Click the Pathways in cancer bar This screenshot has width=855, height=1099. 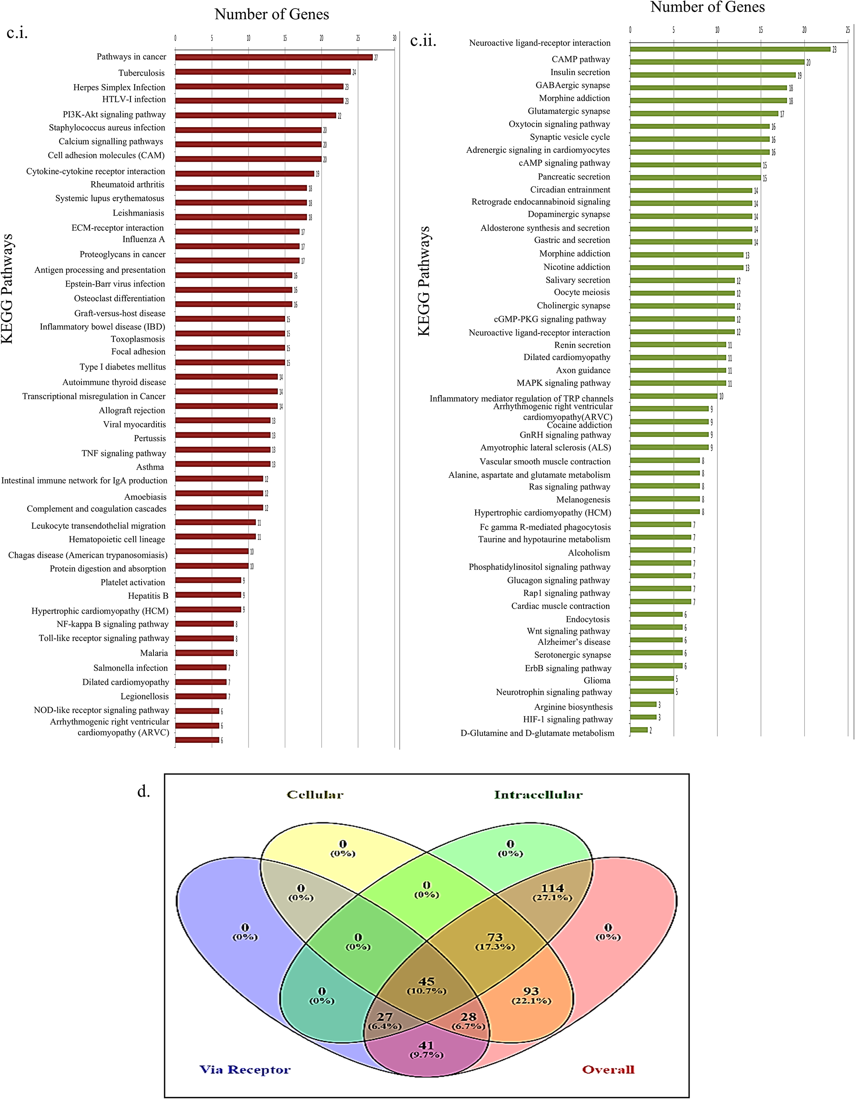[x=274, y=58]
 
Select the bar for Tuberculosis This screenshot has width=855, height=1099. [x=263, y=72]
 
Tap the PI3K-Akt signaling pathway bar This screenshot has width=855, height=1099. [x=255, y=115]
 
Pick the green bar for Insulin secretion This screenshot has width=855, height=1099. [x=713, y=75]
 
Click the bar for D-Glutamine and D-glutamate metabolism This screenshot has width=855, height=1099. [x=639, y=730]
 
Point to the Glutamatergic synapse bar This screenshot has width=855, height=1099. [x=704, y=114]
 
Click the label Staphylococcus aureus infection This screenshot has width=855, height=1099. [x=107, y=128]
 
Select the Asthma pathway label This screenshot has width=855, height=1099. [x=150, y=467]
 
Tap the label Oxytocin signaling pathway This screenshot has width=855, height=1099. [x=559, y=124]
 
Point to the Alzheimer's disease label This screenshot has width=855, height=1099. [x=573, y=642]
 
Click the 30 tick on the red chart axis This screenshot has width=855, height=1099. [x=394, y=38]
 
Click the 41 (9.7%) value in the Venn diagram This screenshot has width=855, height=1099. [x=426, y=1045]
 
